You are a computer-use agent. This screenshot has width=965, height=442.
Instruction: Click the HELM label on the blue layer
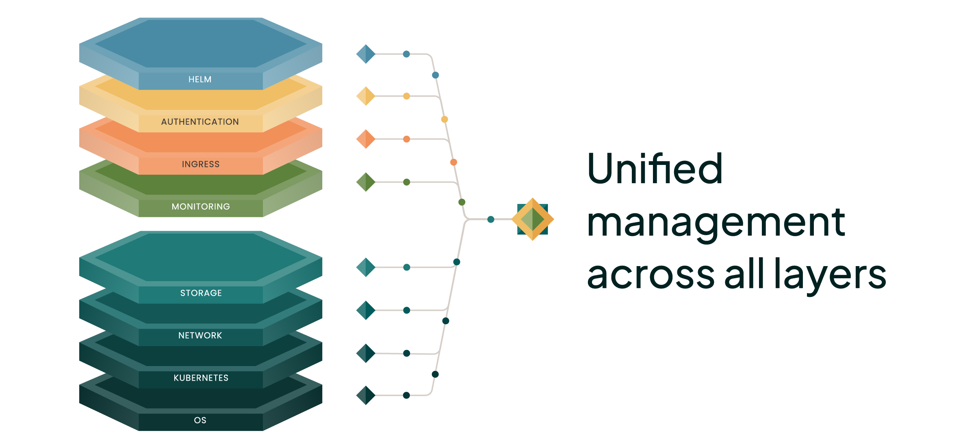(200, 80)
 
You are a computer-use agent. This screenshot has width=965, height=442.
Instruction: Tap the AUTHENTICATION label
(200, 122)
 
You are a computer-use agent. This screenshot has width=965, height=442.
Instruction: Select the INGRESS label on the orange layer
(201, 164)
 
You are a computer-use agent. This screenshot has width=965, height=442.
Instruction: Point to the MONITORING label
(201, 207)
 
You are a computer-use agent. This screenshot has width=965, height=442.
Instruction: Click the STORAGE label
(201, 293)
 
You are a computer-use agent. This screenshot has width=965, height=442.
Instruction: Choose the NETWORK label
(200, 336)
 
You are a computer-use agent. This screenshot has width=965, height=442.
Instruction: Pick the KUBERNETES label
(201, 378)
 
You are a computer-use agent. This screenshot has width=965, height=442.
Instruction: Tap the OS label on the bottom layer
(200, 420)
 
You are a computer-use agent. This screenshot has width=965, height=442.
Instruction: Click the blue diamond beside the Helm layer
(366, 54)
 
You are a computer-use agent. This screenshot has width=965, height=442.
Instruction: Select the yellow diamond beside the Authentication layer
(366, 96)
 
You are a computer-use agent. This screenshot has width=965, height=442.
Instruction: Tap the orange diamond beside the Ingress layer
(366, 139)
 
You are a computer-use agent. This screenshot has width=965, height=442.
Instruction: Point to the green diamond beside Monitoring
(366, 182)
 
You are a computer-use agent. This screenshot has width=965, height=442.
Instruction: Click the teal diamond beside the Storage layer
(366, 267)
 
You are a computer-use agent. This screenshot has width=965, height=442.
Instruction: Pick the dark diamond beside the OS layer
(366, 395)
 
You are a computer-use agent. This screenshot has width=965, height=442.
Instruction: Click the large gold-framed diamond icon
(533, 219)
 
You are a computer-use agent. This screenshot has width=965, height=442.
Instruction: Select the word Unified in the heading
(655, 169)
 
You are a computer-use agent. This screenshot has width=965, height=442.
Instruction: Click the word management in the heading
(716, 223)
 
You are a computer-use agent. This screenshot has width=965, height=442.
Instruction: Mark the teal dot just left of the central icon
(491, 219)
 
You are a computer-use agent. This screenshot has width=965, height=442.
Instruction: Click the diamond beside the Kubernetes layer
(366, 353)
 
